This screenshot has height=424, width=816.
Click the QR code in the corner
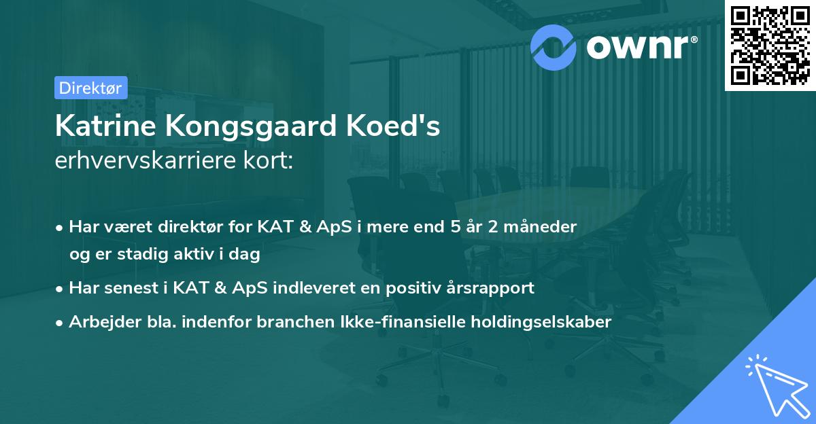(770, 46)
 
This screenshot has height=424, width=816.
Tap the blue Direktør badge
(90, 88)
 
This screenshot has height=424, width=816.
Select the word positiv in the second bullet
(424, 288)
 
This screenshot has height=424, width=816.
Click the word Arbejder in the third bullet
(99, 321)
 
